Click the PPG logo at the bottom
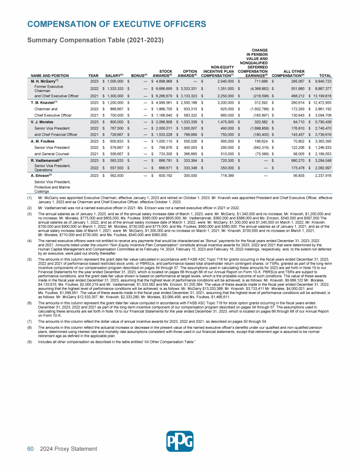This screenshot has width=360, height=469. pos(180,440)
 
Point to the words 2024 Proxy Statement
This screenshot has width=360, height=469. pos(69,449)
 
